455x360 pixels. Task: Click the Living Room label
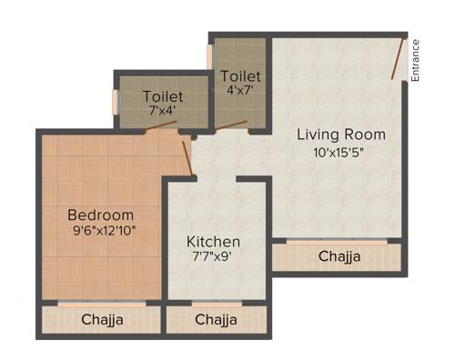[x=341, y=135]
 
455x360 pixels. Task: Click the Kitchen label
[x=214, y=242]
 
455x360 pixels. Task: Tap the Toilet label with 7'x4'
[x=163, y=95]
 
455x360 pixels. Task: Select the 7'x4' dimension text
[x=164, y=110]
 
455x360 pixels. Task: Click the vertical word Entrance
[x=415, y=60]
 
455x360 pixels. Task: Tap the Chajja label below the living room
[x=339, y=257]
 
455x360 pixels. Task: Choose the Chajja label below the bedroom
[x=103, y=320]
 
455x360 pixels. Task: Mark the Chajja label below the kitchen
[x=216, y=320]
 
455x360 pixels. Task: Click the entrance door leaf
[x=399, y=57]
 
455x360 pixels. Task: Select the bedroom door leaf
[x=187, y=156]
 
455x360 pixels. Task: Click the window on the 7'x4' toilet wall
[x=115, y=101]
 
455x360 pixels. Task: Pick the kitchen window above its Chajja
[x=216, y=304]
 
